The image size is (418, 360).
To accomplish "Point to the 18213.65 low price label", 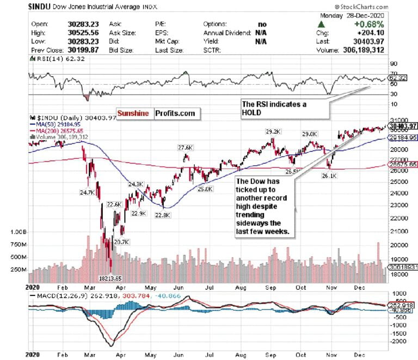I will (x=115, y=277).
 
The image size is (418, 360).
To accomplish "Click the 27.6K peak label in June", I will (x=186, y=147).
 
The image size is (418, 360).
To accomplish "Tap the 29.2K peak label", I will (x=273, y=131).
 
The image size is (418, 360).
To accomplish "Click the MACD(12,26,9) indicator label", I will (x=55, y=294).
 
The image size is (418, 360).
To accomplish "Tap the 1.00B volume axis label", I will (x=19, y=232).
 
